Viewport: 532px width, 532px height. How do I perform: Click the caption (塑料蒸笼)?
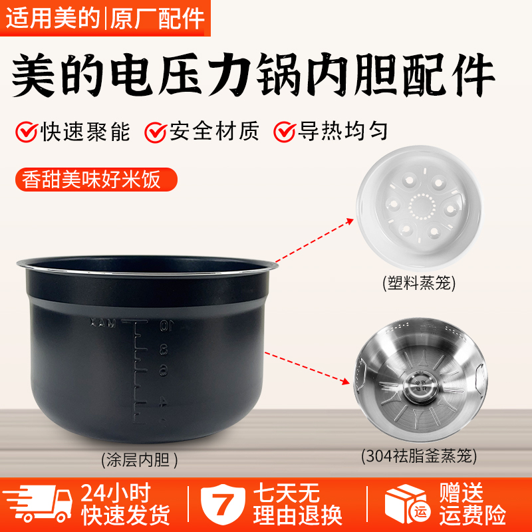click(x=419, y=285)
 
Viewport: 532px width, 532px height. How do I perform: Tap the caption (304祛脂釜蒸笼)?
click(x=419, y=457)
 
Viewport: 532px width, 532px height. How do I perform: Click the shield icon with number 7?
click(x=224, y=505)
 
